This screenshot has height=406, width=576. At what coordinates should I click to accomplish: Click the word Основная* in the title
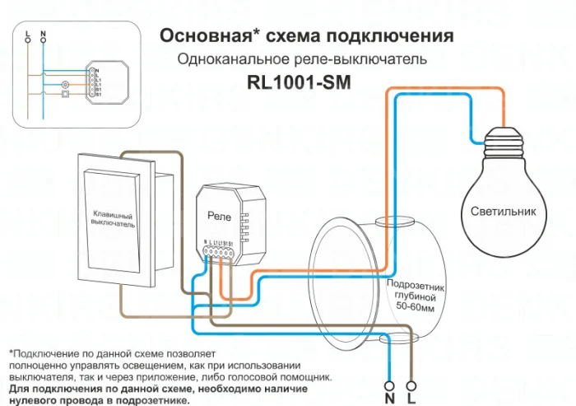[x=204, y=36]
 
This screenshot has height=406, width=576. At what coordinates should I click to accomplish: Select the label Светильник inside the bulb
[x=503, y=211]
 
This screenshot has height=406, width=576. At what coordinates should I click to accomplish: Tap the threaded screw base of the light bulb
[x=503, y=142]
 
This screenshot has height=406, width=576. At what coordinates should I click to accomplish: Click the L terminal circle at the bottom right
[x=412, y=385]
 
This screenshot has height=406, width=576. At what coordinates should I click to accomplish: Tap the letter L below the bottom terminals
[x=412, y=399]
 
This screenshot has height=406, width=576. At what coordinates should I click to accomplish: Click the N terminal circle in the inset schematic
[x=43, y=39]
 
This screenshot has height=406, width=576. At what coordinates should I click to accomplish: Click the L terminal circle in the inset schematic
[x=28, y=39]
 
